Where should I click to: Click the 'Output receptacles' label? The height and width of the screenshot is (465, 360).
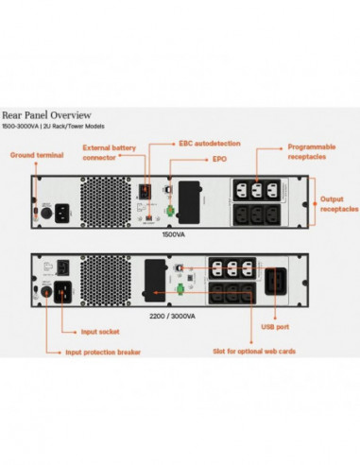tap(335, 204)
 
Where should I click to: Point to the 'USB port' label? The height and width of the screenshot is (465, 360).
tap(275, 326)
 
